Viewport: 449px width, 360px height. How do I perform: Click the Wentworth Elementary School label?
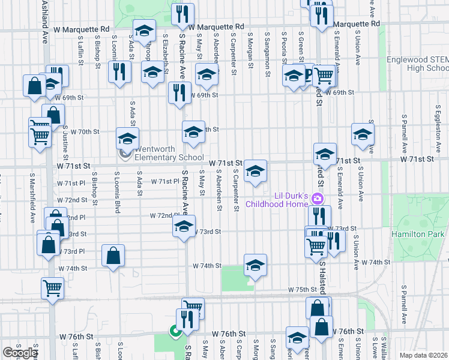pos(160,154)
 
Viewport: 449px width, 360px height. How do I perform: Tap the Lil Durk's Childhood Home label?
pos(282,200)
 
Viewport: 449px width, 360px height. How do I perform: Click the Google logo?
pos(20,353)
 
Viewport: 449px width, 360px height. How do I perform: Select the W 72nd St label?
pos(73,200)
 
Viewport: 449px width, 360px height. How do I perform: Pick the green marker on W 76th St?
pos(175,331)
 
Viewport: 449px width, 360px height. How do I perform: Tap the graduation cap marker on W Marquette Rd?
pos(144,31)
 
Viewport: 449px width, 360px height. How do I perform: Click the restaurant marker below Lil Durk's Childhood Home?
pos(319,216)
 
